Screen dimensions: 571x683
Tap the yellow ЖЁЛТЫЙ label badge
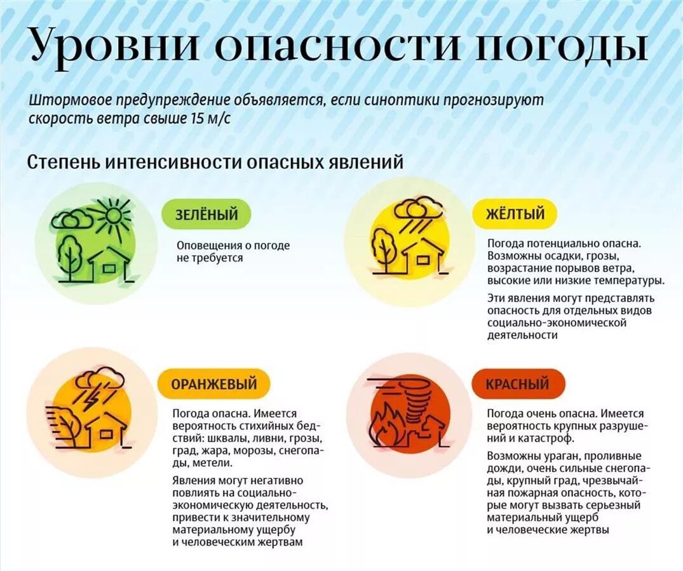515,214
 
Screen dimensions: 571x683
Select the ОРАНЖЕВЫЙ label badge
213,384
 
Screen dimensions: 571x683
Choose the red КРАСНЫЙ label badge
517,384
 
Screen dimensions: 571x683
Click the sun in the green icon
113,215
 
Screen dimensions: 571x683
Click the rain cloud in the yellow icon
417,211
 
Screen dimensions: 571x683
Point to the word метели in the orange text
189,463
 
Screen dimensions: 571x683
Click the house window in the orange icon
105,434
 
